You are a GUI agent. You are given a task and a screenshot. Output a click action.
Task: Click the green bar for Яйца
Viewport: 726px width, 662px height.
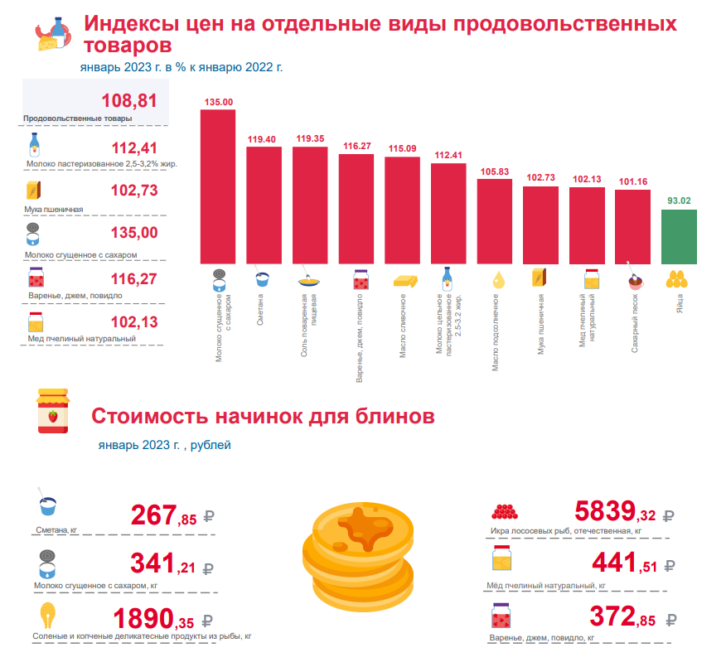(679, 237)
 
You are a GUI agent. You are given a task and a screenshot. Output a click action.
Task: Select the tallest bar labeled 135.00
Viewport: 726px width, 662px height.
(218, 186)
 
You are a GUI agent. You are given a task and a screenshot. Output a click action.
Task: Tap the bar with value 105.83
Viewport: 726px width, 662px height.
(494, 220)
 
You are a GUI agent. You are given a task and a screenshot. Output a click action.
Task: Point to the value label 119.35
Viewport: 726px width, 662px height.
(310, 138)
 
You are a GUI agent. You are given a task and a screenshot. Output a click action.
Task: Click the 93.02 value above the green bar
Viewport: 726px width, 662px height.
(679, 201)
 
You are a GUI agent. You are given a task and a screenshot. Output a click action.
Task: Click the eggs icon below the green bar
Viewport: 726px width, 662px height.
(677, 280)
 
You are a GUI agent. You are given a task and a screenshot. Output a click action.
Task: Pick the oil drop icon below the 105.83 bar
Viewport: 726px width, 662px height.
(497, 280)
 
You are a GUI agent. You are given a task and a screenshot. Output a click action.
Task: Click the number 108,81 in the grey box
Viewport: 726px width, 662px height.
(129, 101)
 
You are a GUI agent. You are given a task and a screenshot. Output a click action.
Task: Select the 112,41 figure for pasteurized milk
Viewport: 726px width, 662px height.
(134, 148)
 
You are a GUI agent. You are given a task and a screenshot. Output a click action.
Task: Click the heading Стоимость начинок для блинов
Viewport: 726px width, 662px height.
(262, 415)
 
